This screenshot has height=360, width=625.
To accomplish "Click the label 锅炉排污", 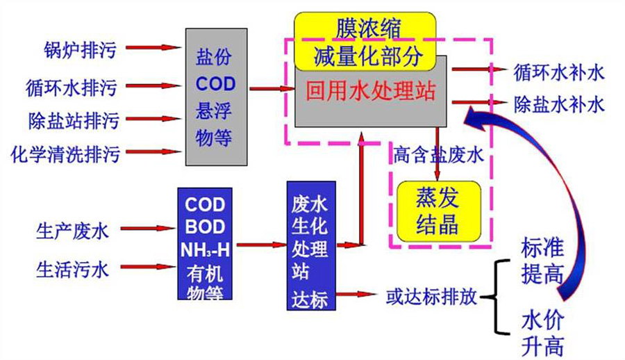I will pyautogui.click(x=76, y=49).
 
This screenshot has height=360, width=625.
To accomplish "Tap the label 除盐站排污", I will pyautogui.click(x=73, y=121).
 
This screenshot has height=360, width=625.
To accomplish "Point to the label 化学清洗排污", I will pyautogui.click(x=66, y=154).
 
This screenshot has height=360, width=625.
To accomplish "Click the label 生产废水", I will pyautogui.click(x=72, y=230).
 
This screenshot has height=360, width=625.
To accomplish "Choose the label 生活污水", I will pyautogui.click(x=72, y=270).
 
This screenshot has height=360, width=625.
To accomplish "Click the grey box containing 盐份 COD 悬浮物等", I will pyautogui.click(x=215, y=97).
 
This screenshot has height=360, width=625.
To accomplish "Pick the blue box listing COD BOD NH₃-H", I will pyautogui.click(x=204, y=243).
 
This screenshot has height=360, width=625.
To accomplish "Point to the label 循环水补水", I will pyautogui.click(x=558, y=70).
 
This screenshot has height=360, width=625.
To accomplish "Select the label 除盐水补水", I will pyautogui.click(x=558, y=104).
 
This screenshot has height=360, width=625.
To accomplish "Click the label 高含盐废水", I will pyautogui.click(x=438, y=154).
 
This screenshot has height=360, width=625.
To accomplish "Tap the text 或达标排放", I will pyautogui.click(x=431, y=297).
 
